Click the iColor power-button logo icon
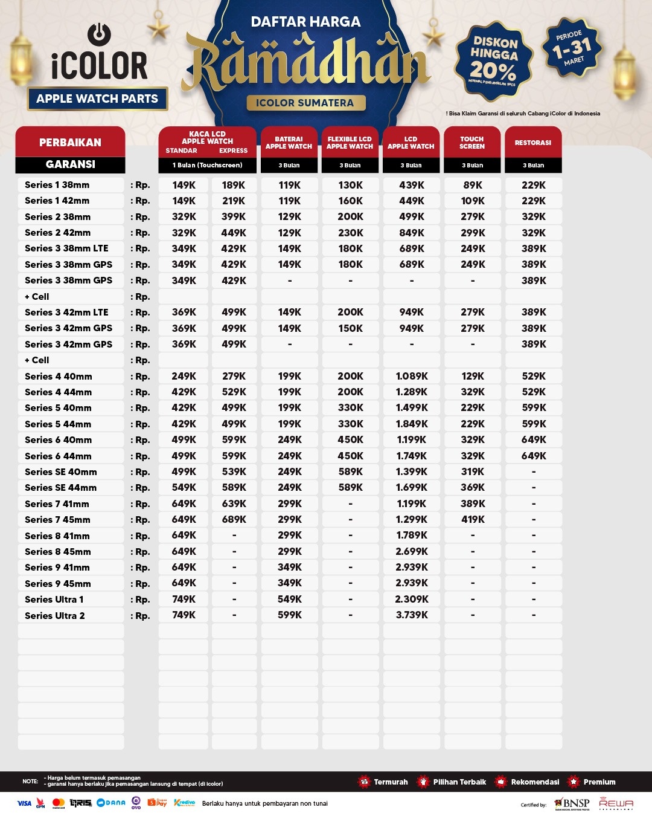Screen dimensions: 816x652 coord(99,34)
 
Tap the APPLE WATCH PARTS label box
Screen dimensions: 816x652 coord(97,99)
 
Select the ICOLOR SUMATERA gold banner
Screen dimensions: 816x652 coord(305,103)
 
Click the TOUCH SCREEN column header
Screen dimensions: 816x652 coord(472,143)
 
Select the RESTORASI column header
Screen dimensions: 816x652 coord(533,143)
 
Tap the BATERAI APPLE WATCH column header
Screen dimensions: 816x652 coord(289,143)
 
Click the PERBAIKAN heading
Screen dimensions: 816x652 coord(70,143)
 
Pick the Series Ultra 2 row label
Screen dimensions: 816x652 coord(55,616)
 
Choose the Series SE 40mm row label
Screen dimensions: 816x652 coord(61,472)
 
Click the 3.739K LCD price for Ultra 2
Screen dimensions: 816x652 coord(412,615)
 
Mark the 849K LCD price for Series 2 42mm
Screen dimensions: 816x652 coord(412,233)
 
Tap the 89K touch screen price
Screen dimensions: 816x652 coord(473,185)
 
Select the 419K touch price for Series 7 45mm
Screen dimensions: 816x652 coord(473,519)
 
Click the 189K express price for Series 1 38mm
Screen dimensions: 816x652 coord(234,185)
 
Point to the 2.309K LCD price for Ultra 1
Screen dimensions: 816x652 coord(412,599)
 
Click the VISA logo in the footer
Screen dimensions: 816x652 coord(24,803)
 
